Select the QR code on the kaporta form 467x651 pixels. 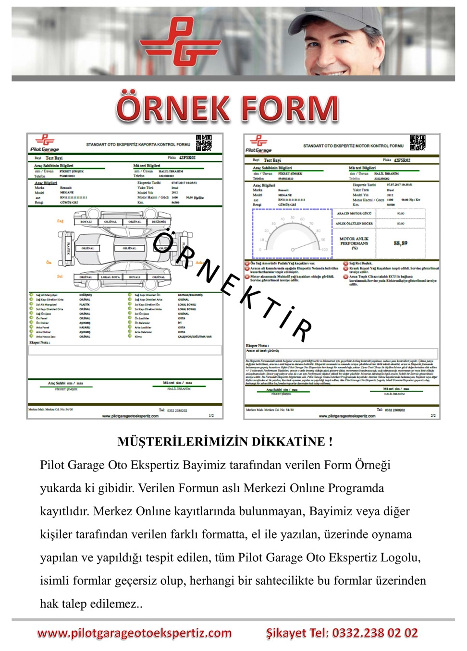(204, 143)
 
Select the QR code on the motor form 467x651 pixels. (417, 143)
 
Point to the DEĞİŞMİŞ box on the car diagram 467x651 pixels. (159, 222)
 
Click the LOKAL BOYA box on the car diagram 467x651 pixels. (111, 277)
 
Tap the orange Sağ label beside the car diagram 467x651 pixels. (60, 221)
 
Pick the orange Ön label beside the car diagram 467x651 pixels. (49, 263)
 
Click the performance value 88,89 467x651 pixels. (400, 243)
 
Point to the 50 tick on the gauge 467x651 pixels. (292, 218)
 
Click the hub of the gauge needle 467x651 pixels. (293, 249)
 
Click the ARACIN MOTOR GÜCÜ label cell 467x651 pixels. (354, 213)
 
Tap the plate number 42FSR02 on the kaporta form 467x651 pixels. (187, 157)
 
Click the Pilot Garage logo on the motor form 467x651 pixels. (258, 144)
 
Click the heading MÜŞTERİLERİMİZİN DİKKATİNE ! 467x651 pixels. (225, 442)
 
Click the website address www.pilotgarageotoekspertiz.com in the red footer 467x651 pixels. (135, 633)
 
